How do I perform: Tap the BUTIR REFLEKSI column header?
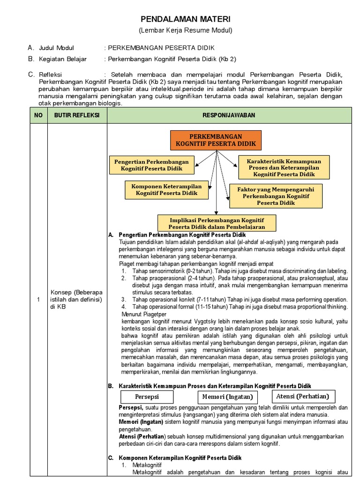coord(77,115)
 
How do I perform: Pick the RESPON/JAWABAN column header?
coord(229,115)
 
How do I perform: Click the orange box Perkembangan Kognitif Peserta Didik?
coord(216,140)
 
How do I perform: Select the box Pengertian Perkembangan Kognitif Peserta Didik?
coord(151,165)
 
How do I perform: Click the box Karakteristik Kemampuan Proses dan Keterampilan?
coord(284,167)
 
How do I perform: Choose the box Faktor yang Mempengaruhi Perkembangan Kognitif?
coord(276,195)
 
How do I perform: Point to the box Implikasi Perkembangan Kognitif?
coord(217,223)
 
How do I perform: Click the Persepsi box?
coord(147,397)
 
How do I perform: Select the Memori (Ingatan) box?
coord(227,397)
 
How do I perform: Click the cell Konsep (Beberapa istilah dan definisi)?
coord(76,300)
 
